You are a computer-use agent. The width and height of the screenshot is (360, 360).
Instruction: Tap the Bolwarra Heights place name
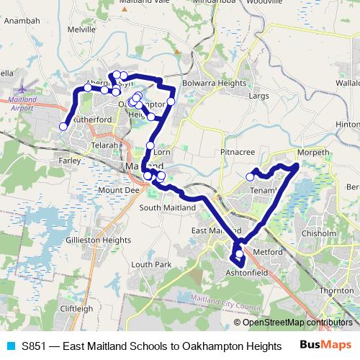click(215, 84)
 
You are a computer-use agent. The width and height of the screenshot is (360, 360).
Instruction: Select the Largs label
click(258, 95)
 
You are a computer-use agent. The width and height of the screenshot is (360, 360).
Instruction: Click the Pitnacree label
click(238, 153)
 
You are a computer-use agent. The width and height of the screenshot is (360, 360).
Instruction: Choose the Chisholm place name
click(319, 233)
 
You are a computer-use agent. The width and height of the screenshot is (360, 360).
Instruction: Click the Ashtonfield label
click(247, 274)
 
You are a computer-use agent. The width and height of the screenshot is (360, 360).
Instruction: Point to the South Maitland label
click(168, 208)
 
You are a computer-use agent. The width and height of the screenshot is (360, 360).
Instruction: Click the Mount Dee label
click(118, 190)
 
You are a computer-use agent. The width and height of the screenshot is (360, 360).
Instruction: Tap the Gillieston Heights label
click(98, 240)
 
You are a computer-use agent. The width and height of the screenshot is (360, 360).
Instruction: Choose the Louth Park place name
click(151, 265)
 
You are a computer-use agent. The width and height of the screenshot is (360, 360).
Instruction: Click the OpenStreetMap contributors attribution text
click(297, 323)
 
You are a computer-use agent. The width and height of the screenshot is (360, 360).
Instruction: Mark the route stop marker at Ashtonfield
click(239, 253)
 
